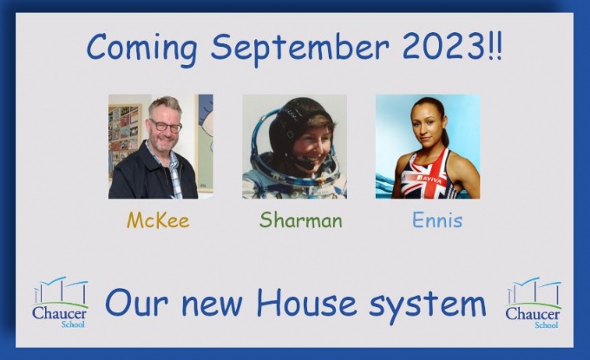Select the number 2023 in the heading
coord(442,47)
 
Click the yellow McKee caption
coord(158,220)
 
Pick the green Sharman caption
coord(301,219)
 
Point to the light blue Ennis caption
coord(437,219)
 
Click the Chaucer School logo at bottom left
coord(60,302)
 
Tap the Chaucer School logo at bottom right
coord(533,303)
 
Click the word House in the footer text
coord(306,303)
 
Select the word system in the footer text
coord(428,305)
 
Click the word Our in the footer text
coord(136,303)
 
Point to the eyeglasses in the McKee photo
coord(166,126)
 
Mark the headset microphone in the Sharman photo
coord(303,162)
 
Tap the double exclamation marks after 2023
coord(495,47)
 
